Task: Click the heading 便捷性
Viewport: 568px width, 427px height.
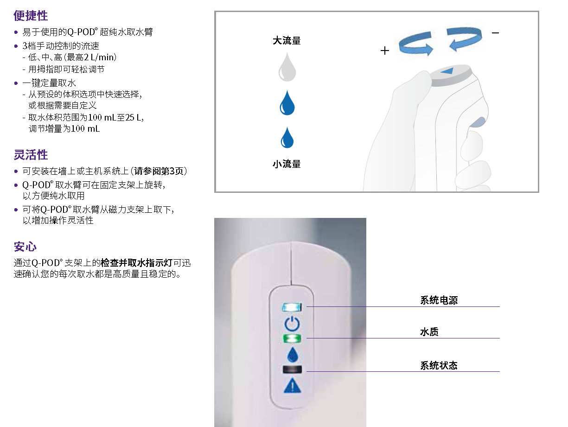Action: (31, 16)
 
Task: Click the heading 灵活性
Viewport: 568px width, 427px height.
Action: (31, 155)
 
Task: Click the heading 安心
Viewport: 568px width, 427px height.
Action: (25, 247)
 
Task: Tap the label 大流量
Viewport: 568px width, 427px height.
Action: (287, 41)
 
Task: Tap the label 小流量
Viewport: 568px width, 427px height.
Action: (287, 164)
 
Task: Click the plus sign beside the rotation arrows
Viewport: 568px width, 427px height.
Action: (384, 51)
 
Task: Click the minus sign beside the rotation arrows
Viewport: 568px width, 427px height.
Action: (495, 33)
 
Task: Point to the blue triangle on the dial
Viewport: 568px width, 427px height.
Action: (447, 71)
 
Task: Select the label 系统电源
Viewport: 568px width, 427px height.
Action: (439, 300)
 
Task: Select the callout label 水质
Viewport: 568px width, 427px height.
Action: (429, 332)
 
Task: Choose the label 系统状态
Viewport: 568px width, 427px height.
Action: (439, 365)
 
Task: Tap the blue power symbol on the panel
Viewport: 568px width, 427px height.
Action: (292, 323)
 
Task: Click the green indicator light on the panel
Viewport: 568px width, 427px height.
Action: (292, 338)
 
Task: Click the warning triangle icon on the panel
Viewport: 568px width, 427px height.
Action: (292, 386)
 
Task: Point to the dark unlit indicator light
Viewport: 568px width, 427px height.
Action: (292, 370)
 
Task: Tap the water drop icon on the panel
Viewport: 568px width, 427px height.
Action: (292, 354)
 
